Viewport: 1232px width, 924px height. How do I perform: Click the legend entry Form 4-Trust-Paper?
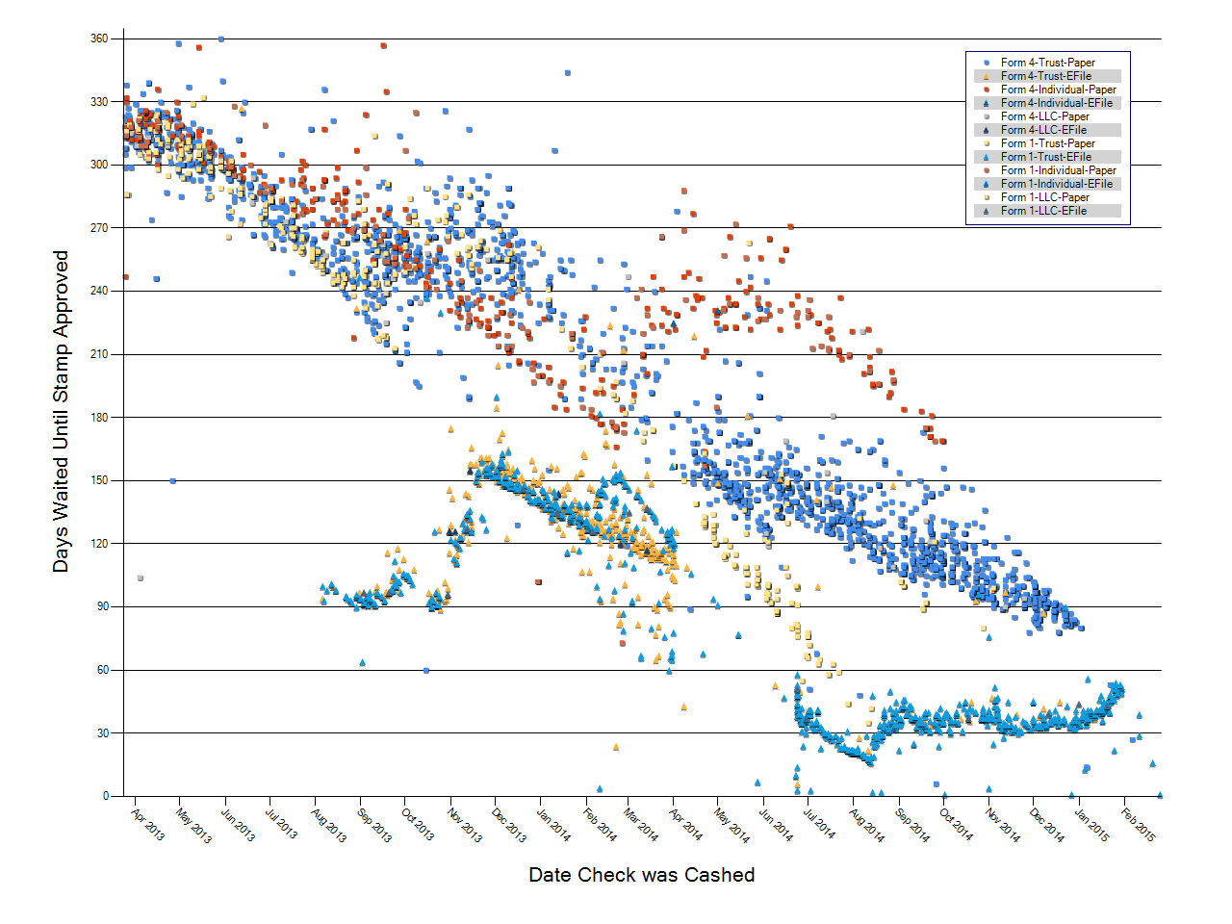point(1047,63)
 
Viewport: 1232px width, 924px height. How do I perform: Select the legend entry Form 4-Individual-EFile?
point(1056,103)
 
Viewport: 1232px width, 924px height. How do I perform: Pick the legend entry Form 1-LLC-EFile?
point(1043,211)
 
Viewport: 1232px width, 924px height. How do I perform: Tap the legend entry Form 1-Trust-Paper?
point(1047,143)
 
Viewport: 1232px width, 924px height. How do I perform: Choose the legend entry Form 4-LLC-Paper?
point(1044,116)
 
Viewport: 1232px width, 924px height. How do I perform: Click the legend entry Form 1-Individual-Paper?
point(1058,170)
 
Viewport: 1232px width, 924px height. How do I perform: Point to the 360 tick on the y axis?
point(100,39)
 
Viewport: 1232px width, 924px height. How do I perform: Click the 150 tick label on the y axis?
point(100,480)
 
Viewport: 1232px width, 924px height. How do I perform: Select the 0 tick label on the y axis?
point(106,796)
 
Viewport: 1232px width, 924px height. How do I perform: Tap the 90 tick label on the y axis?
point(102,606)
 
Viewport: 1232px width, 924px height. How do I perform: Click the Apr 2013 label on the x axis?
point(147,824)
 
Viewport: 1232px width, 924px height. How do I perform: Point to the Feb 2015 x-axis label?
point(1139,824)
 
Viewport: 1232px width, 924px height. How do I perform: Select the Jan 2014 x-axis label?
point(553,825)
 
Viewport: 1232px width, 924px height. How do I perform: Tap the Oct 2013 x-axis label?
point(417,824)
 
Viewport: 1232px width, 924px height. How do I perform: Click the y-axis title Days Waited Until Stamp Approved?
point(61,412)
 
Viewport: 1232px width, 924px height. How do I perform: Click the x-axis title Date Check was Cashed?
point(642,875)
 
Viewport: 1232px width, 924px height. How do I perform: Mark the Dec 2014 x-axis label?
point(1046,825)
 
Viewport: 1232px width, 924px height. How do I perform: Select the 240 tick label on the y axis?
point(100,291)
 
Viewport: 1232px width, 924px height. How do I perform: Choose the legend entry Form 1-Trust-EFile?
point(1045,157)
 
